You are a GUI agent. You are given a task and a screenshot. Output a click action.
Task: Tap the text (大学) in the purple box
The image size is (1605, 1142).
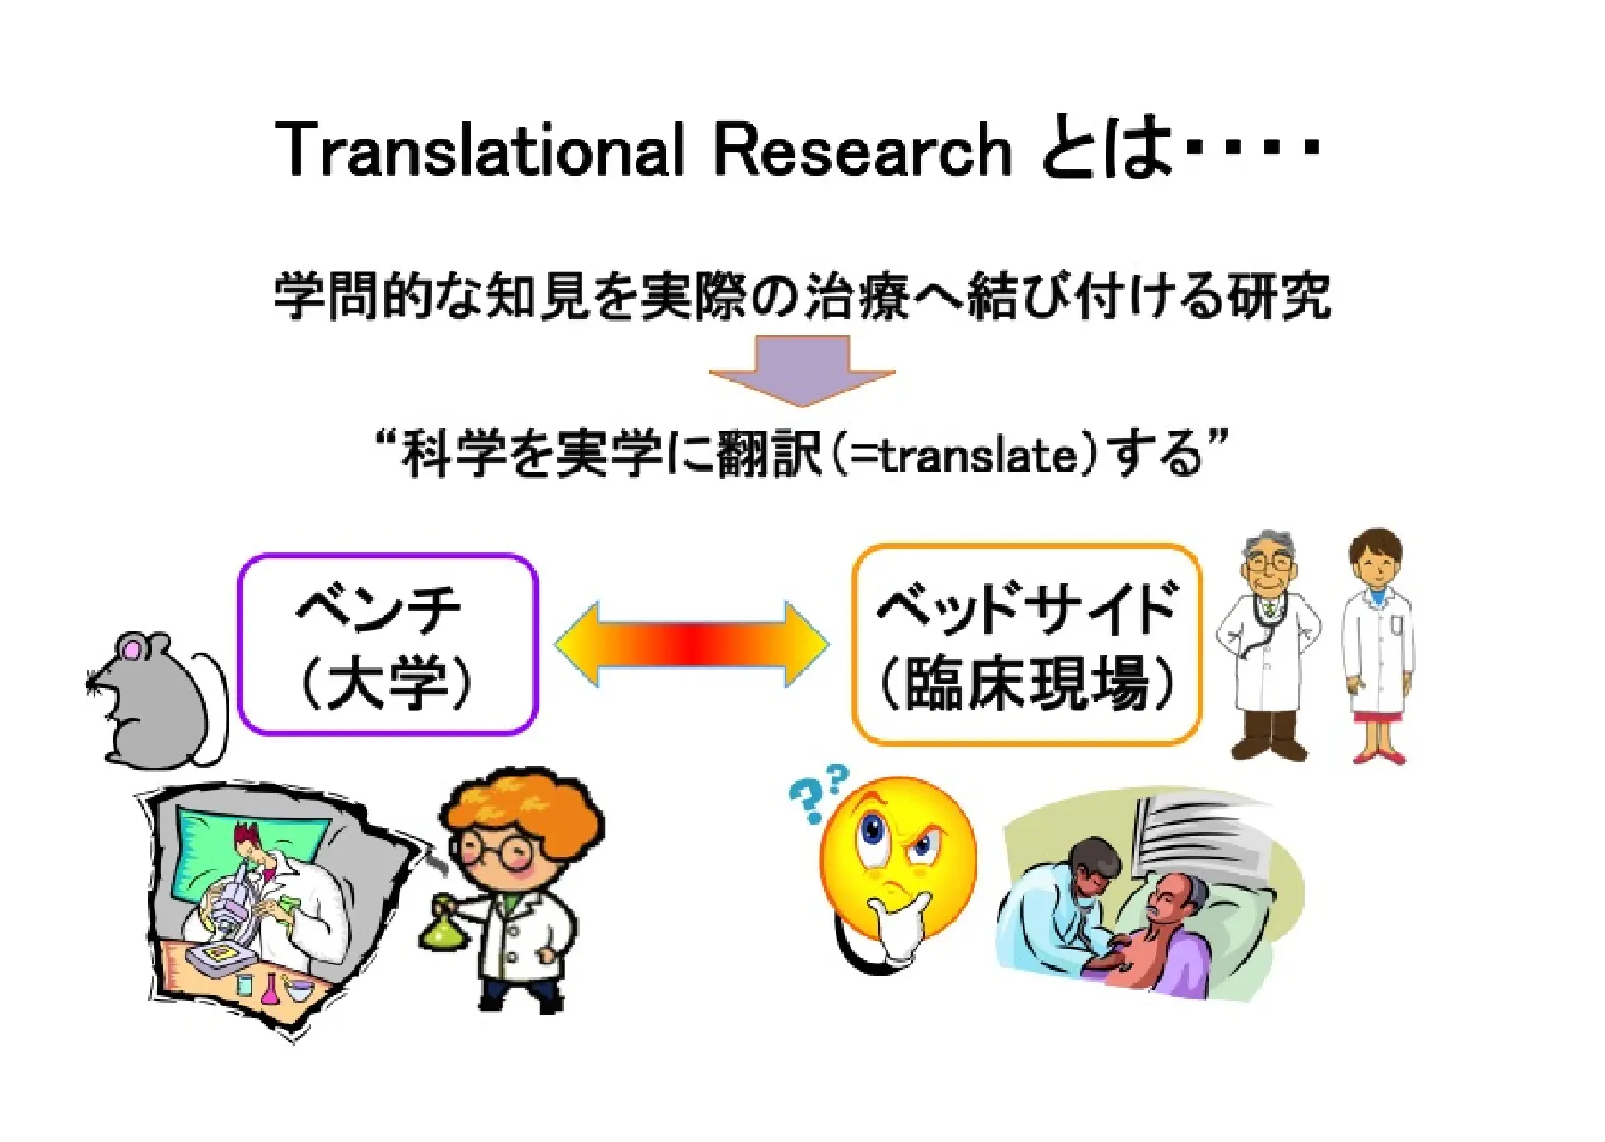pos(386,685)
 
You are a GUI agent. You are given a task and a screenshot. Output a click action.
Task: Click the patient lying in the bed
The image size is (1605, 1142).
pos(1168,936)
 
